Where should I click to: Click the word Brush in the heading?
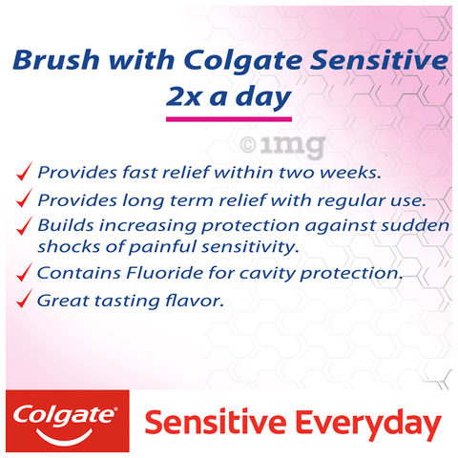(x=56, y=60)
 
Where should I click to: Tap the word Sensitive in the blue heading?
(x=379, y=60)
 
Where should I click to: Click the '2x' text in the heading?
(x=183, y=96)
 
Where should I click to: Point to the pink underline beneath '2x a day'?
(x=229, y=119)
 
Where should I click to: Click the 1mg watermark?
(x=282, y=146)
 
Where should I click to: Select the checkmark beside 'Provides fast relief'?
(x=24, y=171)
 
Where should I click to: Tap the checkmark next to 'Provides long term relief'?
(x=24, y=198)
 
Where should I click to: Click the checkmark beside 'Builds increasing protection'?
(x=24, y=225)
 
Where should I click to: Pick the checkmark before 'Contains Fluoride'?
(x=24, y=272)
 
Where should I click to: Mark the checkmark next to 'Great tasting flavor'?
(x=24, y=299)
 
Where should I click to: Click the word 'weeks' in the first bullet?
(x=350, y=173)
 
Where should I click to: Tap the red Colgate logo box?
(x=68, y=421)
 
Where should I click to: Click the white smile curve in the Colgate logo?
(x=65, y=437)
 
